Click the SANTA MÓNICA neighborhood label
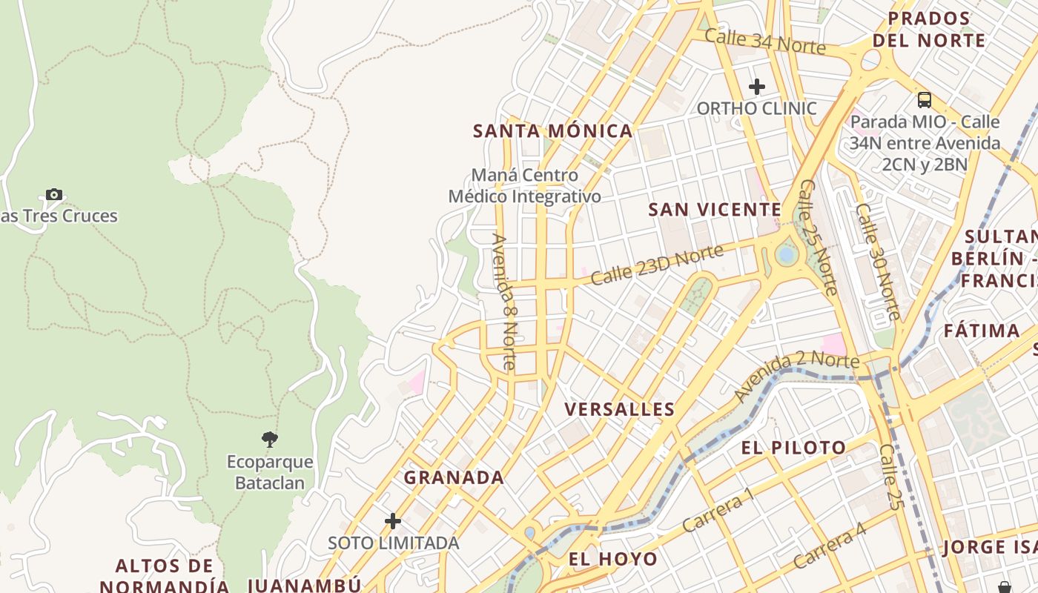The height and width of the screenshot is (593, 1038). point(553,131)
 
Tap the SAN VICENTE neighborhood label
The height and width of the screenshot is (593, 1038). point(715,210)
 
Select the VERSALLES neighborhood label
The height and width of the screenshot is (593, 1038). point(620,409)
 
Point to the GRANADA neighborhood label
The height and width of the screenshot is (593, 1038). point(454,477)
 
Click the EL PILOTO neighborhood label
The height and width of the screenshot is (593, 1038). point(793,448)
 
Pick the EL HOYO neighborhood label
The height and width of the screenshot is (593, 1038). point(612,559)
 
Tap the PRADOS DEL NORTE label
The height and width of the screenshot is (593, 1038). point(929,29)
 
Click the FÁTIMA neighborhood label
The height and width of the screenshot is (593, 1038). point(982,331)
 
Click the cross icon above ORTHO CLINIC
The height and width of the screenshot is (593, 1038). point(756,87)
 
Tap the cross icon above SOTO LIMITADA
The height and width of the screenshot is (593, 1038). point(393,521)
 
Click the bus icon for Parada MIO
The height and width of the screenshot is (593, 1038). point(924,99)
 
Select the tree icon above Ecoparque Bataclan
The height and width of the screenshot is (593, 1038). point(270,440)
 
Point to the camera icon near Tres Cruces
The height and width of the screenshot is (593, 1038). point(54,194)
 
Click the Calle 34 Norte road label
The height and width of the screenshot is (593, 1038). point(764,41)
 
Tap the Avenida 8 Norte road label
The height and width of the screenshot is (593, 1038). point(504,302)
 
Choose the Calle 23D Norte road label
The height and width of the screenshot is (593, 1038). point(657,265)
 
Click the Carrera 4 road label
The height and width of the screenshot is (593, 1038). point(829,546)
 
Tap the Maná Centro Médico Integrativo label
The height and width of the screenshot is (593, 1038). point(524,186)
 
